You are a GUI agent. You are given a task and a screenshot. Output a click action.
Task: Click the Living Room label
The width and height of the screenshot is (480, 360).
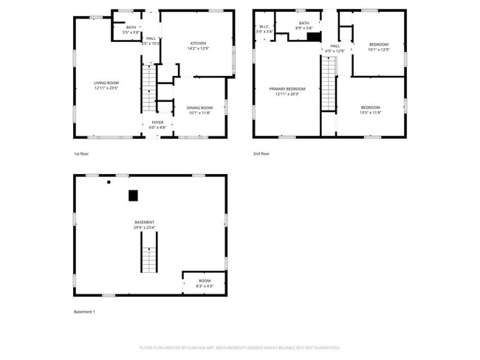pos(106,83)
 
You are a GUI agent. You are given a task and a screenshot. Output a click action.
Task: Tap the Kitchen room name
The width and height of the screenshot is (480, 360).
pos(198,44)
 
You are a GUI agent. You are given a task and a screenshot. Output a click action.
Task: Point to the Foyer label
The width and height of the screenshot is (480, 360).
pos(157,122)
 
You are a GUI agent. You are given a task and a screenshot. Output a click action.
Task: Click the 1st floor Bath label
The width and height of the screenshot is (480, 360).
pos(130,27)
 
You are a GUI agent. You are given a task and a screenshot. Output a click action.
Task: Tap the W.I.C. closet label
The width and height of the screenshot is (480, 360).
pos(264,27)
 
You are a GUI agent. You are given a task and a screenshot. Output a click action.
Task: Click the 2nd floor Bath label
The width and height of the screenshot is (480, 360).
pos(304,24)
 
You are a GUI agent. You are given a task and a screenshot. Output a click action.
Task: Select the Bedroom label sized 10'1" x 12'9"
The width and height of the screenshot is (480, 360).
pos(378,44)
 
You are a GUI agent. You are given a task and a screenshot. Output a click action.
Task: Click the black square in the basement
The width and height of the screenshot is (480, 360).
pos(133,195)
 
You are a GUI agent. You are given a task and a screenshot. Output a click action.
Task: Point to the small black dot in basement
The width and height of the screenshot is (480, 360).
pos(109,181)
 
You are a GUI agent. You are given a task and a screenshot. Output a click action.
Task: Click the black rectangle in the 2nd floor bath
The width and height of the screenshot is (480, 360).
pos(313,37)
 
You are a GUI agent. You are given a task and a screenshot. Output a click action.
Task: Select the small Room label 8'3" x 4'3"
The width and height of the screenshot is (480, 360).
pos(203,281)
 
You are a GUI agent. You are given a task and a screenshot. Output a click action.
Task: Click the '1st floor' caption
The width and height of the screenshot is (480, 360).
pos(81,154)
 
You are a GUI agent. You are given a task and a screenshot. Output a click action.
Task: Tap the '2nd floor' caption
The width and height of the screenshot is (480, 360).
pos(261,154)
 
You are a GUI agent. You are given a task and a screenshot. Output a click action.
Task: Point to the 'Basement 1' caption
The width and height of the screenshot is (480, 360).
pos(84,311)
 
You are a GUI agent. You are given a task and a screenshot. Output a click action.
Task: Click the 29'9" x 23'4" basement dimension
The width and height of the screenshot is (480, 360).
pos(144,228)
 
